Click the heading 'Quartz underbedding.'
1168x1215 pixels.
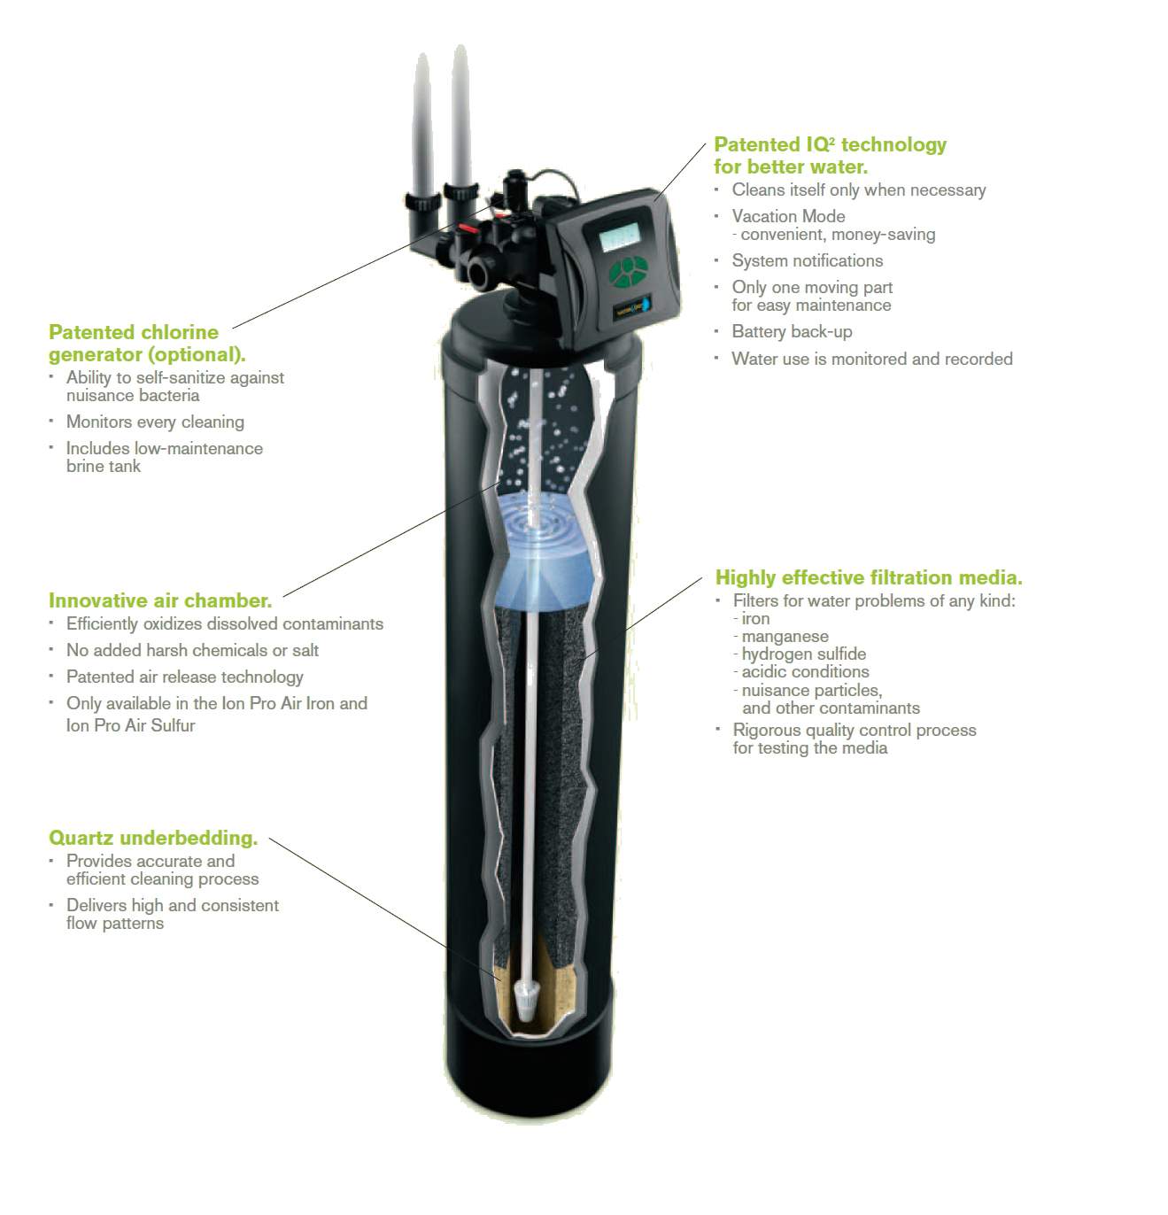[x=153, y=838]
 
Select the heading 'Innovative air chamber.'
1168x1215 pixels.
[x=160, y=600]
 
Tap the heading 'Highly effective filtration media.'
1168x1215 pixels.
[x=869, y=577]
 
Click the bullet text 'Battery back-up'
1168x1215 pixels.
[x=792, y=331]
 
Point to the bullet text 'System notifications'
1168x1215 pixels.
[x=808, y=260]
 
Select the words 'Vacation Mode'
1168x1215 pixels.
[x=788, y=216]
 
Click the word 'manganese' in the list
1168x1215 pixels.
[x=785, y=636]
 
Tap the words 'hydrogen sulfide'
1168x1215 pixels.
[x=803, y=654]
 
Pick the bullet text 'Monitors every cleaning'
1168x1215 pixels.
[x=155, y=422]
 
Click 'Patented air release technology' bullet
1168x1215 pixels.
[x=185, y=677]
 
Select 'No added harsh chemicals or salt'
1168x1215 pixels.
[x=192, y=650]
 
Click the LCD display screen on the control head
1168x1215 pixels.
[x=619, y=236]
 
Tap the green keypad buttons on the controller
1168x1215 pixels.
[x=628, y=272]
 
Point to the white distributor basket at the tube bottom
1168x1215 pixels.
[x=526, y=1000]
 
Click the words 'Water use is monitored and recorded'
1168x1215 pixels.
[x=872, y=359]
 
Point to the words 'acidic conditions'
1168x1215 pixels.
[x=805, y=672]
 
